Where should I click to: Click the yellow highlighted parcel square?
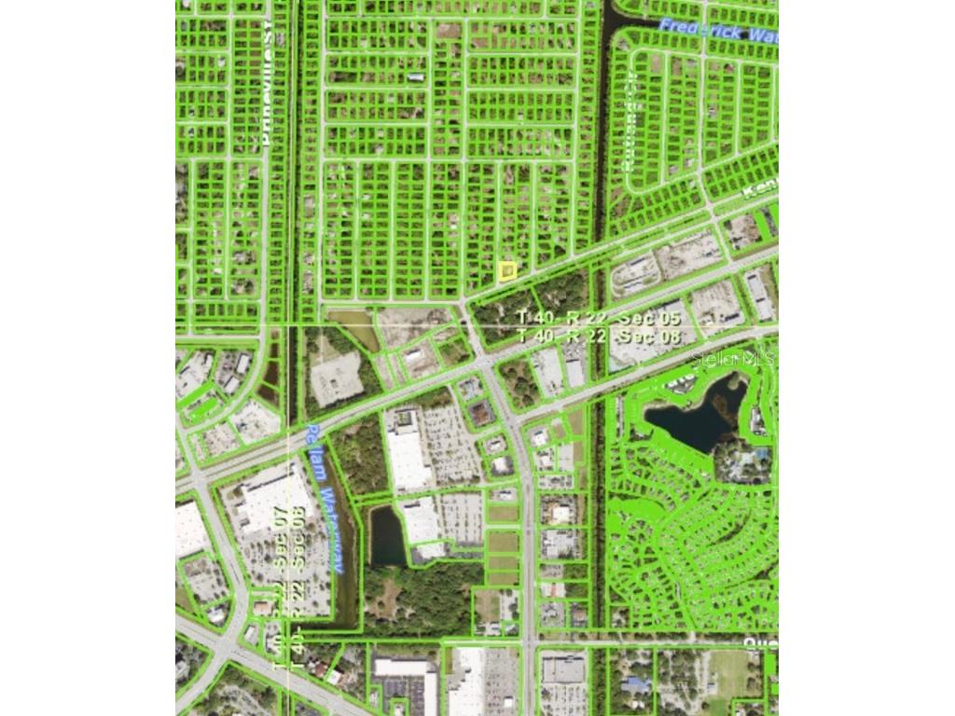pyautogui.click(x=506, y=271)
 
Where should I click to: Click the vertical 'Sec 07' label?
pyautogui.click(x=280, y=535)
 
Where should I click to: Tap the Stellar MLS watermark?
pyautogui.click(x=734, y=356)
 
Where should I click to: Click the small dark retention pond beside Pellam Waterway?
pyautogui.click(x=386, y=536)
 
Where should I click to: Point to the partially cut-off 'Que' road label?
pyautogui.click(x=760, y=643)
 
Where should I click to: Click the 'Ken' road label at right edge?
pyautogui.click(x=760, y=187)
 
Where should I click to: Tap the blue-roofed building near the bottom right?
pyautogui.click(x=636, y=685)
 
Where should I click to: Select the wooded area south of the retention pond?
pyautogui.click(x=420, y=597)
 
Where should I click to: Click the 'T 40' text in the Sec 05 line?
pyautogui.click(x=535, y=318)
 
